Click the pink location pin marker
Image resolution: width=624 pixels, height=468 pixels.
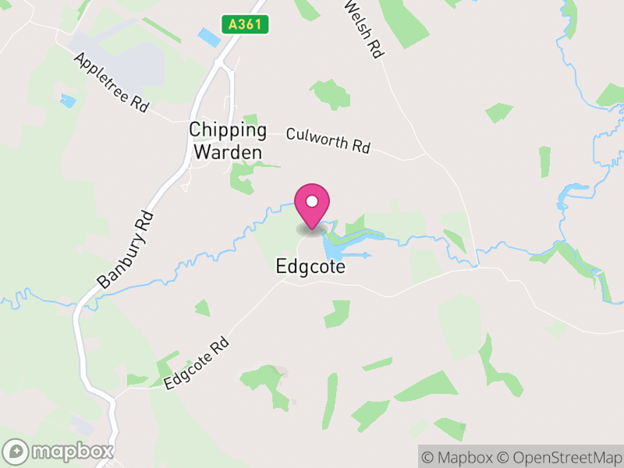click(x=312, y=205)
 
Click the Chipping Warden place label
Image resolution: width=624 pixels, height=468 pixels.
click(x=228, y=141)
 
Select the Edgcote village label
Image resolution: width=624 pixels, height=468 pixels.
click(x=310, y=266)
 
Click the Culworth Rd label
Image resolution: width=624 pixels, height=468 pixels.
click(x=328, y=140)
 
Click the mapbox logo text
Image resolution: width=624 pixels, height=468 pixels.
click(x=73, y=451)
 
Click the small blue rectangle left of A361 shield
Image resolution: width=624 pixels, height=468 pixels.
click(x=209, y=37)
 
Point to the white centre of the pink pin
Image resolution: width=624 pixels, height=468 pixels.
click(x=312, y=201)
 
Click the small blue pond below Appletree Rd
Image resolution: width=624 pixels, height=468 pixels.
click(x=69, y=101)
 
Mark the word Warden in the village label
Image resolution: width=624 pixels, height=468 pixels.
click(x=228, y=151)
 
